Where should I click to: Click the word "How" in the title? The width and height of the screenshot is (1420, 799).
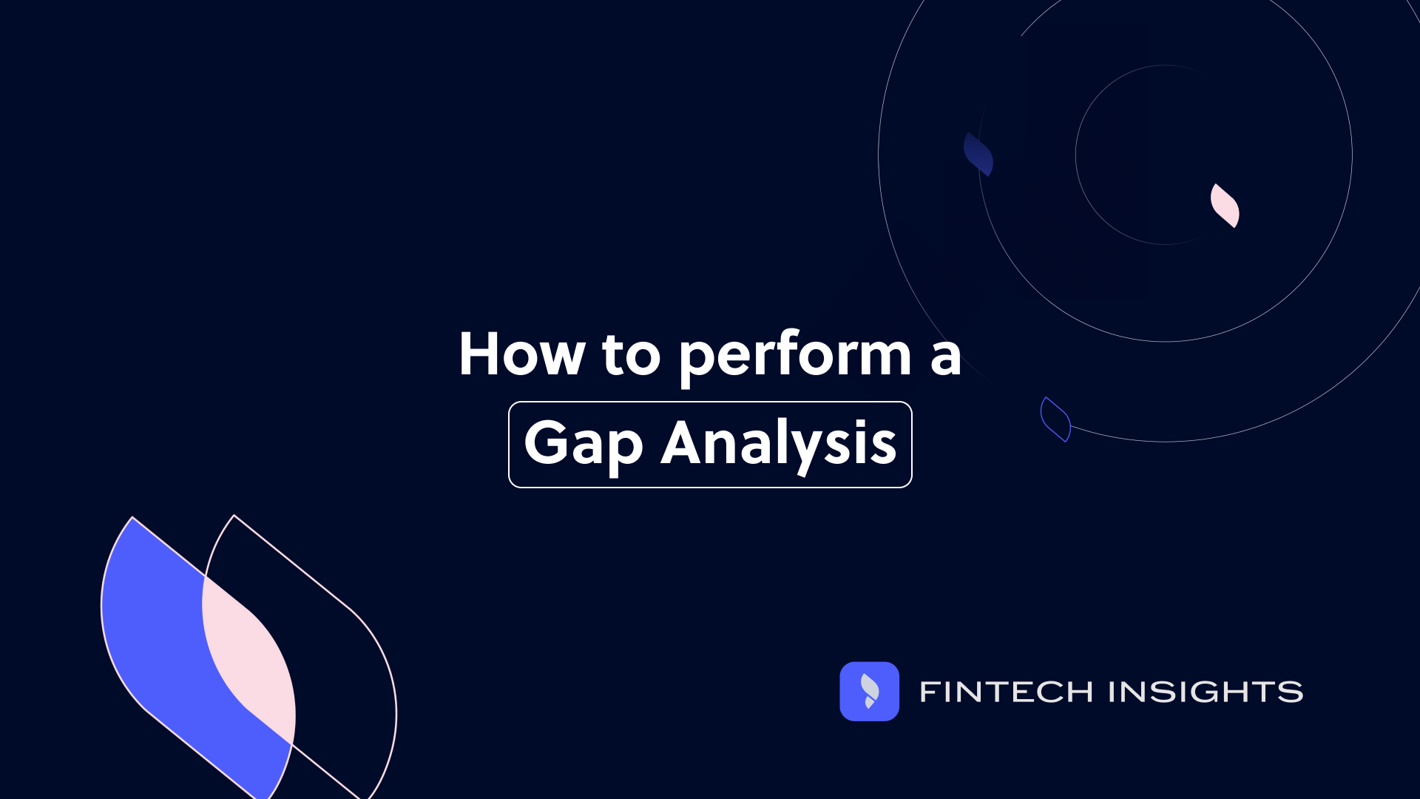(521, 354)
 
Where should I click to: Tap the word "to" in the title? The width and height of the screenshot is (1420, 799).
(631, 356)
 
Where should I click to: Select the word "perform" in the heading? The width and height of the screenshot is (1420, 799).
(795, 356)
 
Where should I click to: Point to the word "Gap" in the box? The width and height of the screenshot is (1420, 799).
(584, 445)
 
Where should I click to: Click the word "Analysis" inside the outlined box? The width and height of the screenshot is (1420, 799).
(778, 445)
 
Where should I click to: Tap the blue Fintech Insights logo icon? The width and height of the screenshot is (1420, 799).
(869, 691)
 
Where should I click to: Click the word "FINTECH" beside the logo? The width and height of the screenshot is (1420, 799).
(1006, 692)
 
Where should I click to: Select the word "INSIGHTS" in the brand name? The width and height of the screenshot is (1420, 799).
(1206, 692)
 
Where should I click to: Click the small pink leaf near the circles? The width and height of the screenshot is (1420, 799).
(1225, 206)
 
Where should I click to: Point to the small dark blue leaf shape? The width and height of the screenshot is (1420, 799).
(978, 155)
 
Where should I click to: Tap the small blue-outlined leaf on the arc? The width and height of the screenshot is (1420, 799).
(1055, 419)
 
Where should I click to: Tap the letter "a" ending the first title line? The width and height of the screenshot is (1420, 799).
(945, 357)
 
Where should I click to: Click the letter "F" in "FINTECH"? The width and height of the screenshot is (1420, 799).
(929, 692)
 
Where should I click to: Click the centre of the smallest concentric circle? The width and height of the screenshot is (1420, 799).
(1165, 155)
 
